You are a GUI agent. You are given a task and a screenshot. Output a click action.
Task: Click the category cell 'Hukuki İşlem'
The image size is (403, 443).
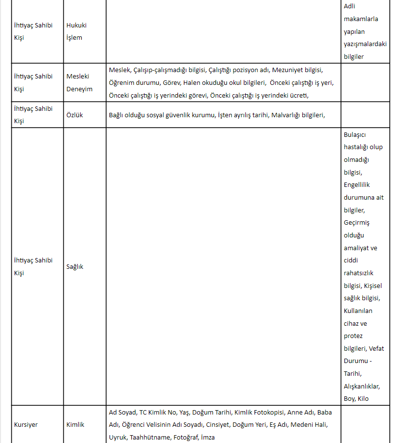(x=76, y=31)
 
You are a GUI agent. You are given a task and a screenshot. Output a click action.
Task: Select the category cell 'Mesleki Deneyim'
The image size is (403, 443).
(x=79, y=82)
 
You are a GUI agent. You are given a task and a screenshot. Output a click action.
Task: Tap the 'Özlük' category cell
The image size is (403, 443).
(x=75, y=115)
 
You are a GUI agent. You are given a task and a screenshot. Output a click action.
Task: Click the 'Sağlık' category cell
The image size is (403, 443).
(x=75, y=266)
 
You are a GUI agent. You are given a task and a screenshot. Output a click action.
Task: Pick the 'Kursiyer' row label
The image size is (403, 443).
(x=26, y=424)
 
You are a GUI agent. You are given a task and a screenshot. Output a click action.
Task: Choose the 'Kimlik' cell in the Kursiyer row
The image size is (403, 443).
(x=75, y=424)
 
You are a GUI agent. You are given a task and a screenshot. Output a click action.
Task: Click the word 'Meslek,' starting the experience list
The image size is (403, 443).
(x=119, y=70)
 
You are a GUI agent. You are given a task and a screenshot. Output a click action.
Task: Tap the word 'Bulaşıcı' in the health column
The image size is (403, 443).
(x=355, y=134)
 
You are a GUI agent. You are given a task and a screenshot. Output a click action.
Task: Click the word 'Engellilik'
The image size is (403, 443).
(x=357, y=185)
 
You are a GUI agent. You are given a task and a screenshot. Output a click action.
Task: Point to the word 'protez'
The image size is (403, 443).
(x=353, y=336)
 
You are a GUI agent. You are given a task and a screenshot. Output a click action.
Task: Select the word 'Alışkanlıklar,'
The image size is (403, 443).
(x=362, y=387)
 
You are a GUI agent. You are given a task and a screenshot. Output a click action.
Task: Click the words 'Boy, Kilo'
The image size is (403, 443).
(x=356, y=399)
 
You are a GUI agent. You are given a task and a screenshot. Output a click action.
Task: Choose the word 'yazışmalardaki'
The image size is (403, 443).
(x=365, y=44)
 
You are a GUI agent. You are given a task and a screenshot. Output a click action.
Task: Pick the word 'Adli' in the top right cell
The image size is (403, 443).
(x=349, y=6)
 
